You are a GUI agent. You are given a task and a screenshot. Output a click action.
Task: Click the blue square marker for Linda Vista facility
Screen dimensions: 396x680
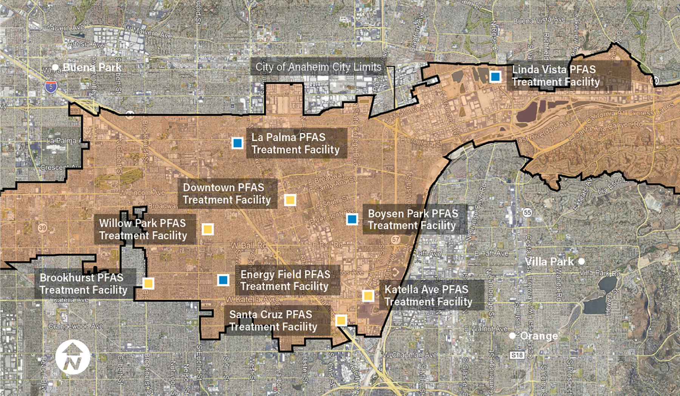(x=495, y=77)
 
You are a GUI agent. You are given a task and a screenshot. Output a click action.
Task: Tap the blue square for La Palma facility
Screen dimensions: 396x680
(x=237, y=143)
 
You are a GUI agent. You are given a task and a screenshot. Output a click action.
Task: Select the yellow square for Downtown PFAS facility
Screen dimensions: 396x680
(x=290, y=200)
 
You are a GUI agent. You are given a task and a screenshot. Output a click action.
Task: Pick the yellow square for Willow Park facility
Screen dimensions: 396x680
(x=207, y=229)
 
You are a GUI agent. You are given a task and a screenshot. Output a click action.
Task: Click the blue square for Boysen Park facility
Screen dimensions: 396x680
(x=352, y=219)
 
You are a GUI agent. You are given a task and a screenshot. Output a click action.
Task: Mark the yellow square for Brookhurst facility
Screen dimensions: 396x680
(x=148, y=283)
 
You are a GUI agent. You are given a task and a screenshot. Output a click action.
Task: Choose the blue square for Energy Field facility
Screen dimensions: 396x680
(x=223, y=280)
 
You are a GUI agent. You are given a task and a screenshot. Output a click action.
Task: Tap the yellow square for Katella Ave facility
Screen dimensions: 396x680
(x=368, y=295)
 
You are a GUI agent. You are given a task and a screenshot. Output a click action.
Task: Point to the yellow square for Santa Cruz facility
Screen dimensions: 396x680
(x=341, y=320)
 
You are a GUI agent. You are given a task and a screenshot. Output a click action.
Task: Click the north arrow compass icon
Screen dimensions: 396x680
(x=73, y=357)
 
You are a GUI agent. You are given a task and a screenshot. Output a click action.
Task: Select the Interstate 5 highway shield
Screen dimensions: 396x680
(x=51, y=87)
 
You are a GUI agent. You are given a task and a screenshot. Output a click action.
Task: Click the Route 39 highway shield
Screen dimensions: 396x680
(x=42, y=228)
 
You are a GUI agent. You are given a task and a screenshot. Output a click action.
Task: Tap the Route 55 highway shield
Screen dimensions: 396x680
(x=527, y=212)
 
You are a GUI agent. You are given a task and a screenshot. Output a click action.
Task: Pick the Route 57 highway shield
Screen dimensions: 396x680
(x=396, y=240)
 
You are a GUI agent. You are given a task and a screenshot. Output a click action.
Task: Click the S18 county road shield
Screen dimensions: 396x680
(x=517, y=355)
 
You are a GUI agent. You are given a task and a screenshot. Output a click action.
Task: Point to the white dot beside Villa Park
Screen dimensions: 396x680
(x=582, y=261)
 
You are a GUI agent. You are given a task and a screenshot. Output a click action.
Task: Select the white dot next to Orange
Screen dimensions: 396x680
(x=512, y=336)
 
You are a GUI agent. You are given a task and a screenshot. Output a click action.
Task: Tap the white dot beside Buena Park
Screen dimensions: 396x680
(x=55, y=67)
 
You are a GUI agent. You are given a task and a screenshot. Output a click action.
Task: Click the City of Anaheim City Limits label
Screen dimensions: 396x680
(x=318, y=67)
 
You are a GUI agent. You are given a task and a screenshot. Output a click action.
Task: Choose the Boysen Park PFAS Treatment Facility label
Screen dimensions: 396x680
(x=413, y=220)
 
